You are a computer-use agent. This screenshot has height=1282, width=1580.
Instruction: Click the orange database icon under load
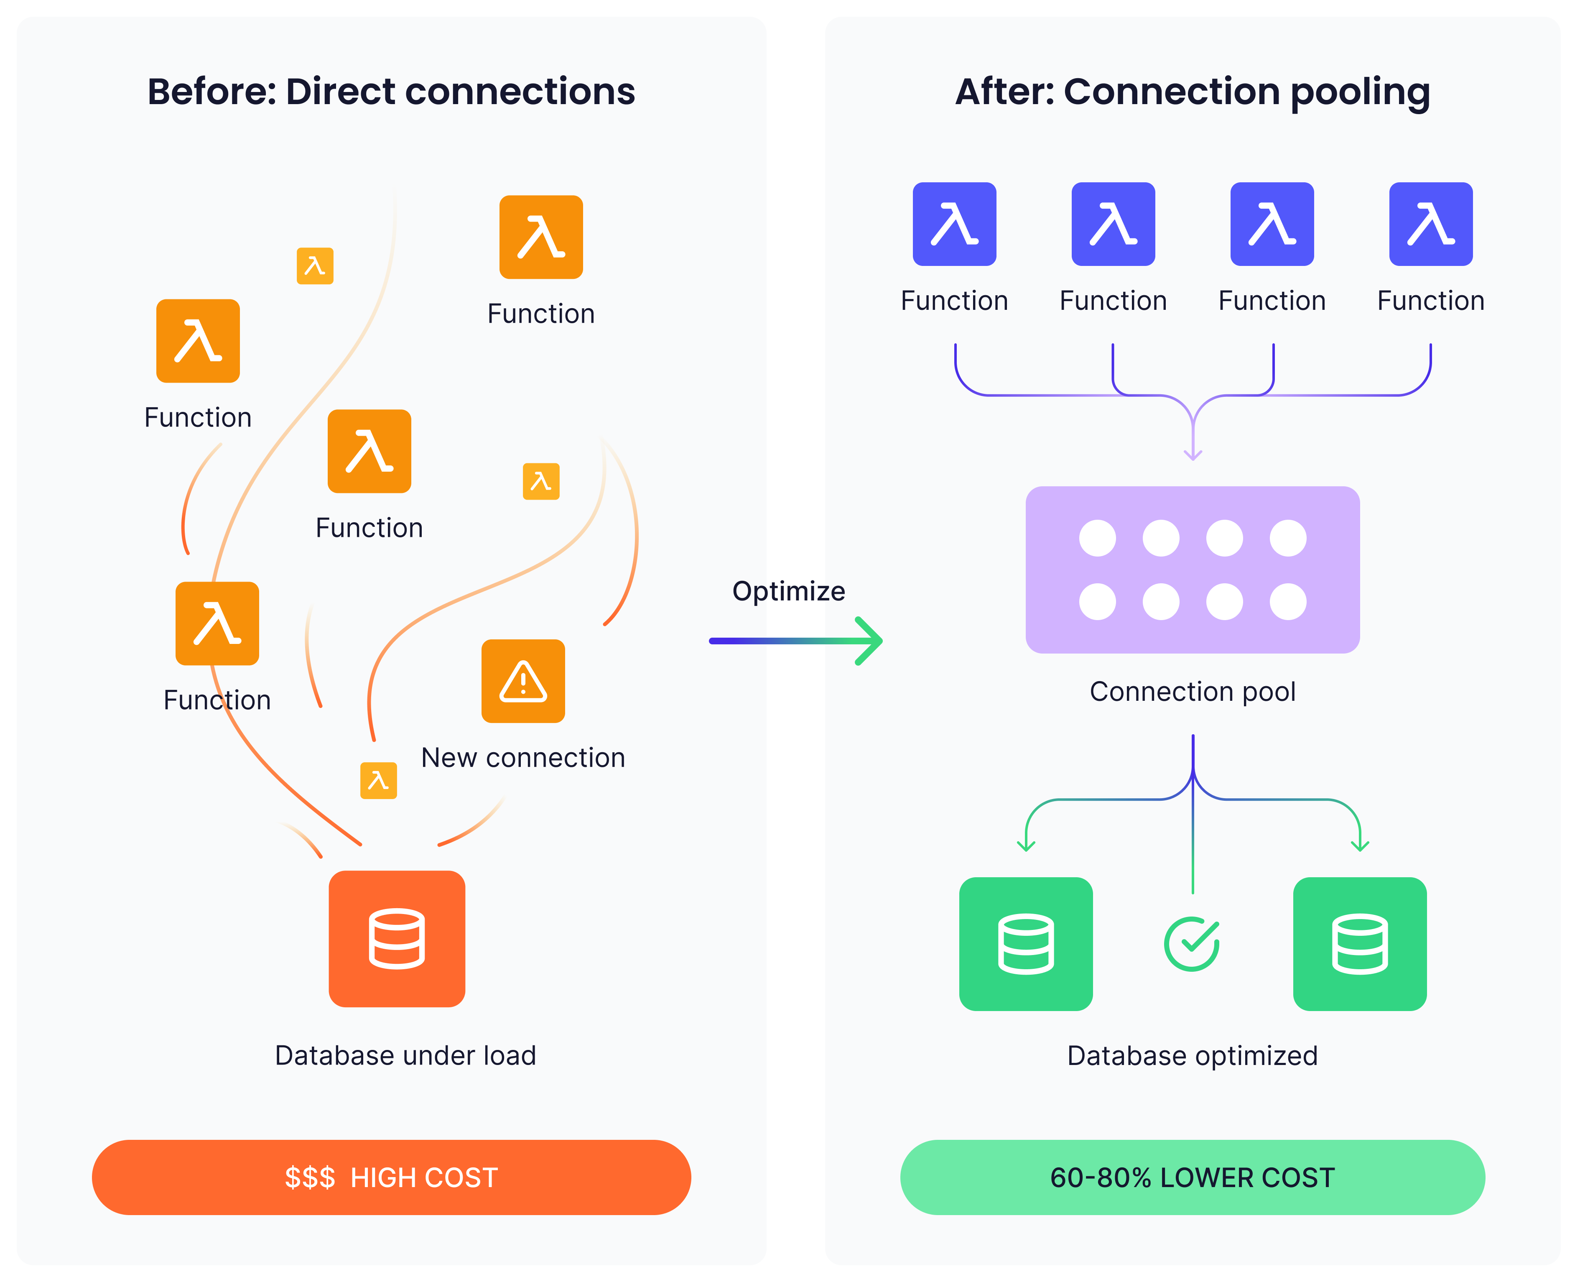(397, 939)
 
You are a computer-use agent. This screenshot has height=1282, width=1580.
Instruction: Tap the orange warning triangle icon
(523, 681)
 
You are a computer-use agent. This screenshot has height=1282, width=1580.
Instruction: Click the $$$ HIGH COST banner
(391, 1177)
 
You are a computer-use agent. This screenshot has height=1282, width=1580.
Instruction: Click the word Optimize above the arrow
(788, 591)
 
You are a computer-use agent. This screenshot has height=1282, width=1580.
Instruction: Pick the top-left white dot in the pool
(1097, 538)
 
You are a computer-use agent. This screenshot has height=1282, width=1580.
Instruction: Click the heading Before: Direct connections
(391, 92)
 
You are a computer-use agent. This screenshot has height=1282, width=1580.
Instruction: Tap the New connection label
(523, 758)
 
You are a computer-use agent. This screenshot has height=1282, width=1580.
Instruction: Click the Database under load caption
(405, 1055)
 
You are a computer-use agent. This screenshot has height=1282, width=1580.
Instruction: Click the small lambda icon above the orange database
(378, 781)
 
